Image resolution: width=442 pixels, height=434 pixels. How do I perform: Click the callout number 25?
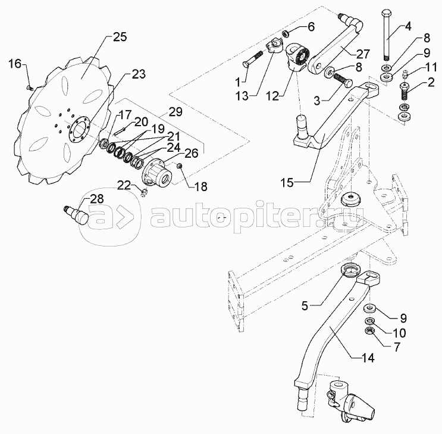click(120, 38)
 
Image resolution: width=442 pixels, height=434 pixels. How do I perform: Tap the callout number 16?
click(15, 64)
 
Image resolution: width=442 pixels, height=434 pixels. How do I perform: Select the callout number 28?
click(97, 199)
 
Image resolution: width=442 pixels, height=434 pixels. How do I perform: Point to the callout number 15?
click(287, 183)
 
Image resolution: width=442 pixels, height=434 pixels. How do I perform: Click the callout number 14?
click(368, 358)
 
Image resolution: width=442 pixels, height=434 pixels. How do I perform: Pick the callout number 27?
click(362, 54)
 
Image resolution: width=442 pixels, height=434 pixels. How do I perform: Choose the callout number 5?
click(305, 306)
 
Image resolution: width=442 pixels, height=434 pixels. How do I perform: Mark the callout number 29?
click(175, 112)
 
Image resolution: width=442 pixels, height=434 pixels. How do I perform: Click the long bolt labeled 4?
click(387, 35)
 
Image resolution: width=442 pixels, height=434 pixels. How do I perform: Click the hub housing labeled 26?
click(156, 172)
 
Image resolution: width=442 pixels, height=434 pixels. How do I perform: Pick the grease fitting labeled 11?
click(405, 75)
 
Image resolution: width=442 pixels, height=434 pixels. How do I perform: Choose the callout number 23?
click(139, 75)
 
